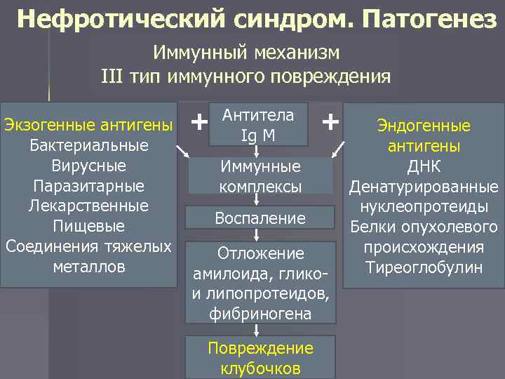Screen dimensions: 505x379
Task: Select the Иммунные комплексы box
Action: click(260, 177)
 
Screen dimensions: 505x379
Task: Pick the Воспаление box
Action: click(260, 218)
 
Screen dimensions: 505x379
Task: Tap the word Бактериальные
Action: click(89, 146)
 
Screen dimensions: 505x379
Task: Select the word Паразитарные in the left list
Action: click(89, 187)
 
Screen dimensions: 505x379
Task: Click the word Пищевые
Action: click(89, 227)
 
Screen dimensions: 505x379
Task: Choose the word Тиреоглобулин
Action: click(424, 267)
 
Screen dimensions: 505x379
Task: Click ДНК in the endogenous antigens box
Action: click(424, 167)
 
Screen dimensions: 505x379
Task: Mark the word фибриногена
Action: click(260, 314)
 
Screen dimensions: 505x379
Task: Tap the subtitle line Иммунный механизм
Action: click(246, 53)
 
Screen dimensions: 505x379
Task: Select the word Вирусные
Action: click(89, 166)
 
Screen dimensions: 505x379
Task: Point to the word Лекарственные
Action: click(89, 206)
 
